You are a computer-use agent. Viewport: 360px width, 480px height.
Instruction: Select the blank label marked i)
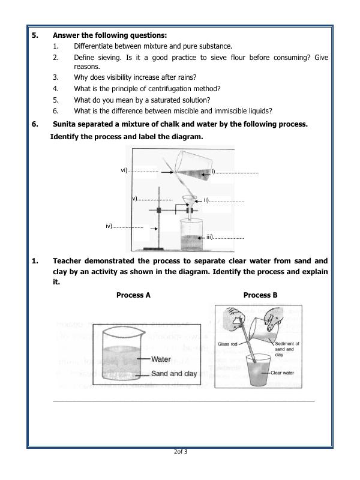coord(235,172)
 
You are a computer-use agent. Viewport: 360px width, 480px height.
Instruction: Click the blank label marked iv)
coord(124,226)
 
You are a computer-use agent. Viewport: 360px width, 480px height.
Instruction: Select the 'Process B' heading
coord(260,295)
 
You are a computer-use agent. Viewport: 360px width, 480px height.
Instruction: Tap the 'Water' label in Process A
coord(161,359)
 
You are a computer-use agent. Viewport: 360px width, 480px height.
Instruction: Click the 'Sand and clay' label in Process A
coord(174,373)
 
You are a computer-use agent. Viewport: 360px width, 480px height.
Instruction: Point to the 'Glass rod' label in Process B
coord(228,344)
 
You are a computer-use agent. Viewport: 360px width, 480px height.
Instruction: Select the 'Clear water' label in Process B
coord(284,373)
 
